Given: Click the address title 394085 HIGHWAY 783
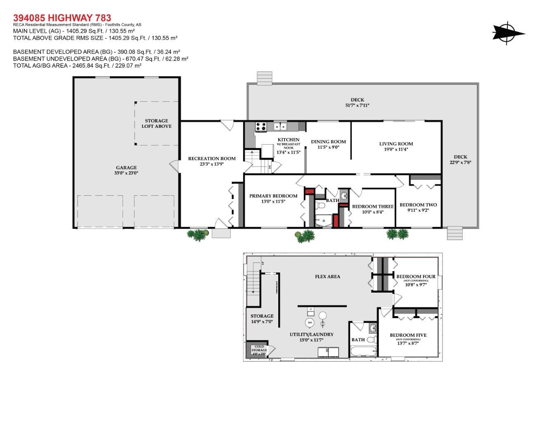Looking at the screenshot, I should (62, 18).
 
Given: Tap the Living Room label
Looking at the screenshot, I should (396, 144).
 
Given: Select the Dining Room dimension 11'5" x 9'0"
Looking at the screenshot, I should (328, 147).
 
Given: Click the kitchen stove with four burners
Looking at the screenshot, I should (261, 126).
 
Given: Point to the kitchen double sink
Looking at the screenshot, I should (281, 126).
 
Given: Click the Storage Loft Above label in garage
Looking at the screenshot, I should (156, 124).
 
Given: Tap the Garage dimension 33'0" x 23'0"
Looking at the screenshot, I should (126, 173).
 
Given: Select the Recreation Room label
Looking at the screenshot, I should (212, 158).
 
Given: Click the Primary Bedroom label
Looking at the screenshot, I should (273, 196).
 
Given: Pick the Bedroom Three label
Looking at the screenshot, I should (372, 206).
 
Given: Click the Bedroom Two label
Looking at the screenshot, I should (418, 205).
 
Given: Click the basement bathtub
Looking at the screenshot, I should (363, 352).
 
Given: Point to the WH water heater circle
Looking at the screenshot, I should (310, 323).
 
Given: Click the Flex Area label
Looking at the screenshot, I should (327, 277).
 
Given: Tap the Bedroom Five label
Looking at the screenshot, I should (408, 335).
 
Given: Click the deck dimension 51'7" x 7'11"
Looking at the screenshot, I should (357, 105).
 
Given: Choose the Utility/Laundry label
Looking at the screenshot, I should (311, 334).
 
